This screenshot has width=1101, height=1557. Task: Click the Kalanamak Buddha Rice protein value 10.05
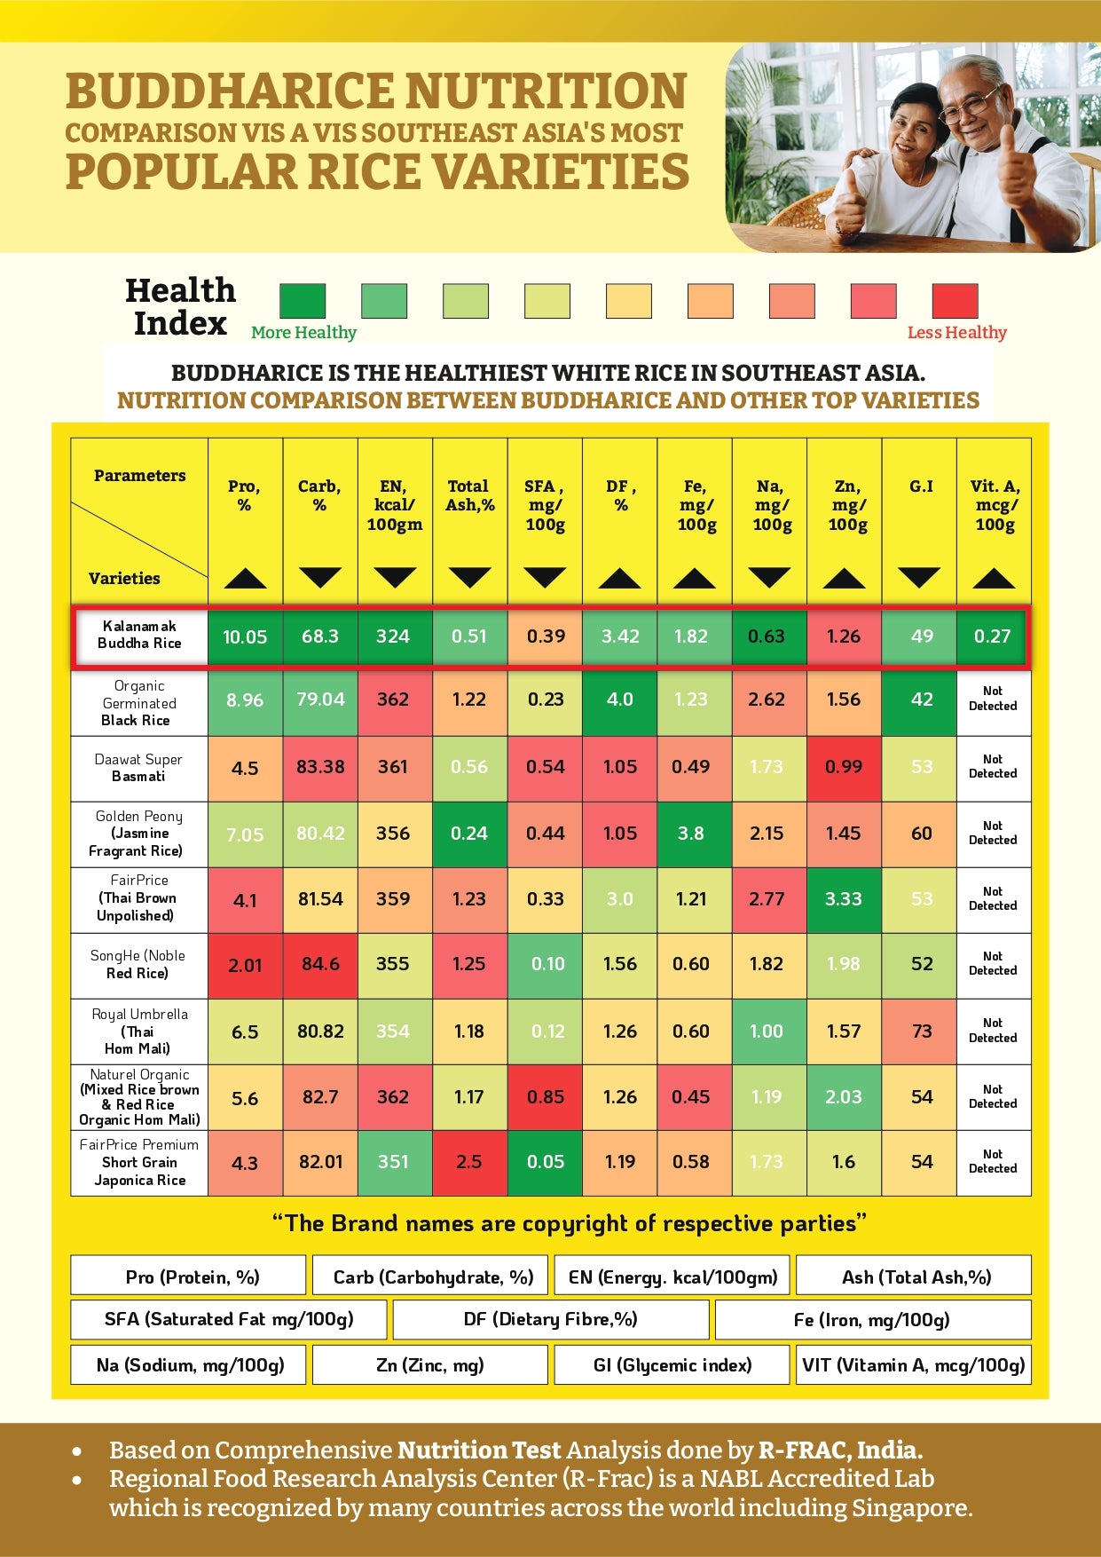pyautogui.click(x=245, y=636)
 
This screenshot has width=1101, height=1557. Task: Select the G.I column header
pyautogui.click(x=921, y=486)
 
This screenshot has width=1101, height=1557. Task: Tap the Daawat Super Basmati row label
pyautogui.click(x=138, y=768)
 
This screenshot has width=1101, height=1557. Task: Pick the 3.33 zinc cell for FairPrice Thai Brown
pyautogui.click(x=843, y=899)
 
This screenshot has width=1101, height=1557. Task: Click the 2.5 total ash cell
pyautogui.click(x=468, y=1162)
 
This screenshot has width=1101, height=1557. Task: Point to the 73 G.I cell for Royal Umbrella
pyautogui.click(x=921, y=1031)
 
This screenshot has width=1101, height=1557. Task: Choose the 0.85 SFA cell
pyautogui.click(x=545, y=1097)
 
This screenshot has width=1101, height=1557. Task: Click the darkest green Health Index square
pyautogui.click(x=303, y=301)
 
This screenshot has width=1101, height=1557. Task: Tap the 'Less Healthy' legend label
pyautogui.click(x=956, y=333)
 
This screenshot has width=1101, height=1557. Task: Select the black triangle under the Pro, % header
pyautogui.click(x=245, y=579)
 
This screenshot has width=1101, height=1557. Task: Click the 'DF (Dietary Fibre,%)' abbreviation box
pyautogui.click(x=550, y=1319)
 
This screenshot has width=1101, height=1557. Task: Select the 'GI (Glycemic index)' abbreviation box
pyautogui.click(x=672, y=1365)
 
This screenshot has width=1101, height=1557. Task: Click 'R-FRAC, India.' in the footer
pyautogui.click(x=840, y=1450)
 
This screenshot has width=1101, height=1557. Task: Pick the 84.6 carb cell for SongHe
pyautogui.click(x=320, y=965)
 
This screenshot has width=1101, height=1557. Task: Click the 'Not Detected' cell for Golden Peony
pyautogui.click(x=993, y=834)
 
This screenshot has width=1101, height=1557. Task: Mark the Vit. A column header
pyautogui.click(x=995, y=505)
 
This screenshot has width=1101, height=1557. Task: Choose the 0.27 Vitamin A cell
pyautogui.click(x=992, y=636)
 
